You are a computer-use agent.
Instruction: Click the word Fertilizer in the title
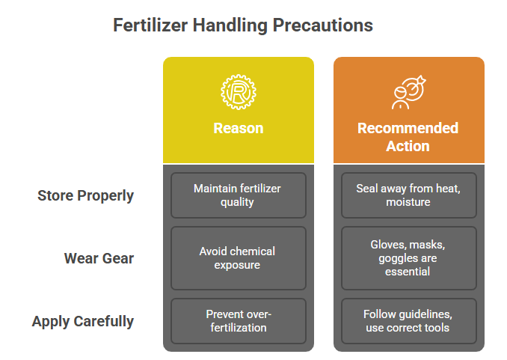pos(150,25)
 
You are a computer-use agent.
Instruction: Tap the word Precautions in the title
pos(323,25)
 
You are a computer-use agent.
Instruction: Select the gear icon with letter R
pos(239,92)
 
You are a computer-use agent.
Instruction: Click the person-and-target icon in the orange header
pos(409,92)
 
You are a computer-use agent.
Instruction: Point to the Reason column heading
pos(239,128)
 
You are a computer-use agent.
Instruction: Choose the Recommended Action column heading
pos(408,137)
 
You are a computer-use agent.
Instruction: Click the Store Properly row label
pos(86,195)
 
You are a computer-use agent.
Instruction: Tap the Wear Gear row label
pos(99,258)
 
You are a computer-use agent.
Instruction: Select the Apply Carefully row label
pos(83,322)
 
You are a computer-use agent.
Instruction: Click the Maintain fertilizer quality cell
pos(239,195)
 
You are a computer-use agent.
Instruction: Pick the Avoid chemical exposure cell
pos(239,258)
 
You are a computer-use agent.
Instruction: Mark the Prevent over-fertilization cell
pos(239,321)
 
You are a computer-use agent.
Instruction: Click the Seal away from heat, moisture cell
pos(409,195)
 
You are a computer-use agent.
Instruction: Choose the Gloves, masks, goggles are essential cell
pos(409,258)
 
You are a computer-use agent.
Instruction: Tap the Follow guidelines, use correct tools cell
pos(409,321)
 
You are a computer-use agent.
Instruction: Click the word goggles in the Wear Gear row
pos(397,258)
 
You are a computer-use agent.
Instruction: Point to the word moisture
pos(408,202)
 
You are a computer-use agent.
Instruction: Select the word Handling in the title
pos(230,25)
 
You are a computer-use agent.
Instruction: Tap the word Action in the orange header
pos(408,146)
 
